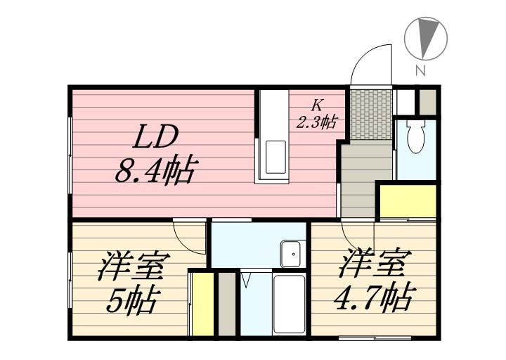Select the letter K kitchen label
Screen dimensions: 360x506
(317, 105)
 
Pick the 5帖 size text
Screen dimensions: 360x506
(133, 301)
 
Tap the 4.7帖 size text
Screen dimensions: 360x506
(372, 298)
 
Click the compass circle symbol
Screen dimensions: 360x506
(427, 39)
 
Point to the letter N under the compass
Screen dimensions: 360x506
(420, 70)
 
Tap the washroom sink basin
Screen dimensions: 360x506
(290, 253)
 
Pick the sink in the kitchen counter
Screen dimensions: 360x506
(275, 157)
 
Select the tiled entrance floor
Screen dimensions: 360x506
(370, 114)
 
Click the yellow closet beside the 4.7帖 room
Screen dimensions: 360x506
(408, 201)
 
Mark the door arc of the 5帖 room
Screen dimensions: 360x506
(188, 236)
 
